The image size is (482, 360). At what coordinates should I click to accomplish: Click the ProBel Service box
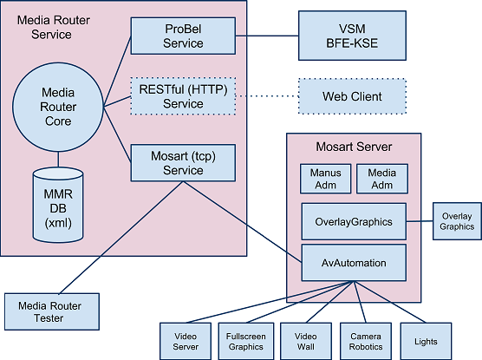click(183, 36)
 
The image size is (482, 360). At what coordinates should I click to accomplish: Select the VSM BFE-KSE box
click(352, 36)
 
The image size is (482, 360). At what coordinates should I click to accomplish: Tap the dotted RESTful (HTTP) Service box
click(183, 96)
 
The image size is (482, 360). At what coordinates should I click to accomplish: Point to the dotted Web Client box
click(352, 96)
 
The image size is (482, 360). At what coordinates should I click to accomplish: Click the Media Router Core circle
click(58, 107)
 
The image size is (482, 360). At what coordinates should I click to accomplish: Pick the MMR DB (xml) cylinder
click(58, 205)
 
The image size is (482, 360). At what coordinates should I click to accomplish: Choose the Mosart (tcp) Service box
click(183, 163)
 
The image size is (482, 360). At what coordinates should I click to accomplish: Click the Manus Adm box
click(326, 179)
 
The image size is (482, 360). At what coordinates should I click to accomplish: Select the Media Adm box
click(382, 179)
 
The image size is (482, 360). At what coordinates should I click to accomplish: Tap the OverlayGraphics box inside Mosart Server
click(354, 221)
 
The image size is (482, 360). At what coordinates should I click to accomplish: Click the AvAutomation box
click(354, 263)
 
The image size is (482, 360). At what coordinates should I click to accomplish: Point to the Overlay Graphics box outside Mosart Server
click(457, 221)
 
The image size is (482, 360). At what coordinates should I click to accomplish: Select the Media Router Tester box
click(52, 311)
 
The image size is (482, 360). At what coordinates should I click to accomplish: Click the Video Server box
click(186, 341)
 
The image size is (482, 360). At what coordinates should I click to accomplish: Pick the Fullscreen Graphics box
click(246, 341)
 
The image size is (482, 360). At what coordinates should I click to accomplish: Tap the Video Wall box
click(306, 341)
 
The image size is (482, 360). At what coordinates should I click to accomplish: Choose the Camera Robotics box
click(366, 341)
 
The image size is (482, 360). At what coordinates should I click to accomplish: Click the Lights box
click(426, 341)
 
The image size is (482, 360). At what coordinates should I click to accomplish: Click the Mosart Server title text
click(354, 147)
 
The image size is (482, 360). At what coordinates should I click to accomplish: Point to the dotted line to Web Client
click(267, 96)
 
